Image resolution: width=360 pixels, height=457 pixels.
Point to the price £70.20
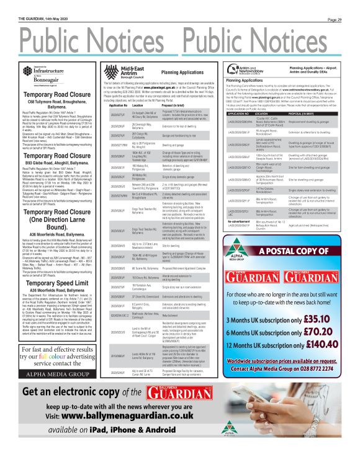click(320, 332)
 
